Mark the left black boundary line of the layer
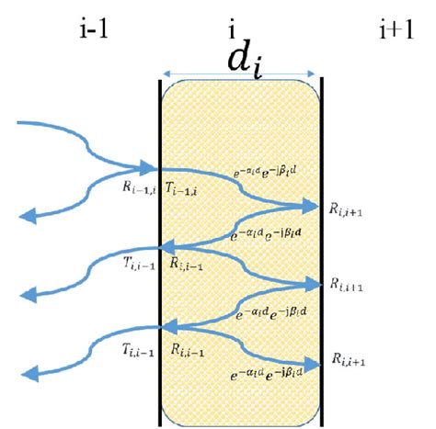coord(161,248)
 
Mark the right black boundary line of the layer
coord(321,248)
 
